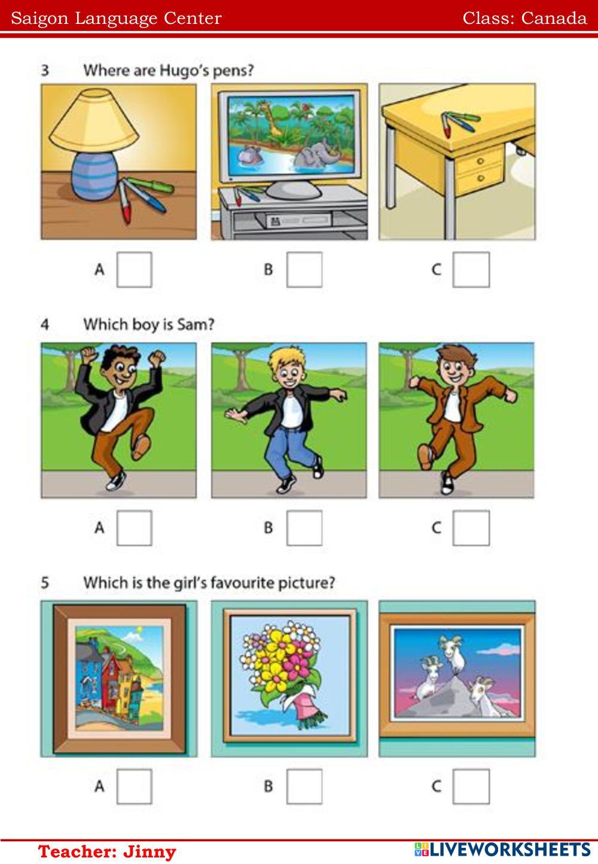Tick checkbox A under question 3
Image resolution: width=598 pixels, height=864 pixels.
pos(134,270)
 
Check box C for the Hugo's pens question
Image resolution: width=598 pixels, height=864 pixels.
pos(471,270)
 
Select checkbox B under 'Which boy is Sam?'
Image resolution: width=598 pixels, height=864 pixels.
pos(304,528)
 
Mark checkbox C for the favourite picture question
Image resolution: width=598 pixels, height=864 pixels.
pos(471,786)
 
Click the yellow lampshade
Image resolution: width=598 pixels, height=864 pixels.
pos(94,120)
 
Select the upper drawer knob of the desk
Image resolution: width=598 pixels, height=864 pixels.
pos(480,161)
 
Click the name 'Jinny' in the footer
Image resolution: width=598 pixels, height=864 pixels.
pos(149,851)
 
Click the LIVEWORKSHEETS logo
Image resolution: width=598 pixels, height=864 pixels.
pos(503,850)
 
